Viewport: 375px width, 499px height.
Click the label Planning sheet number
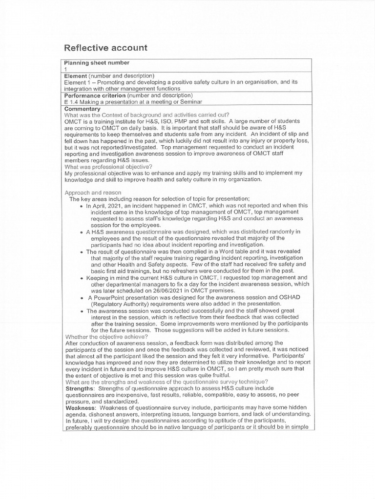tap(97, 63)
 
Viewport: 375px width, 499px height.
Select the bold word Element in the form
tap(76, 76)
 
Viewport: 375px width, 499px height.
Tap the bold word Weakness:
tap(81, 407)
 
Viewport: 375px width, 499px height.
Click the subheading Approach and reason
tap(92, 192)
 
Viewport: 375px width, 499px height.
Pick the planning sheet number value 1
tap(65, 70)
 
